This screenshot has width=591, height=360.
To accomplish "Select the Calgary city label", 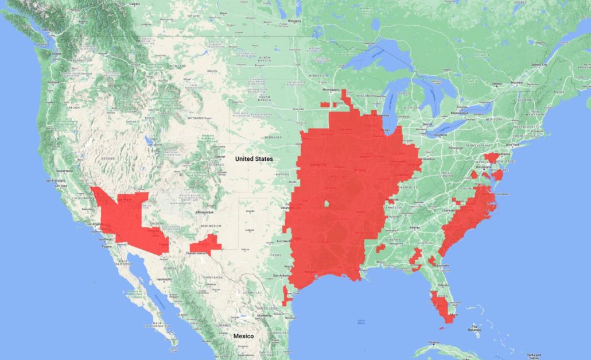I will [135, 3].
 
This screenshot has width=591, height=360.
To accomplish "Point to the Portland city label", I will [53, 83].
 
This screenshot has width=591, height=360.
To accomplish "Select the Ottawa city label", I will [499, 84].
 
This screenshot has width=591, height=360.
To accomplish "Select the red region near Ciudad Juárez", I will [207, 246].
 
